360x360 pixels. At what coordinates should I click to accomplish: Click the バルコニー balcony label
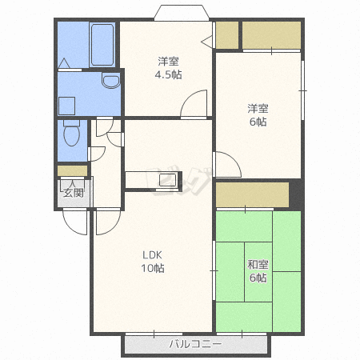(195, 344)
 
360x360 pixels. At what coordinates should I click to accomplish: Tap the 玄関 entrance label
(74, 193)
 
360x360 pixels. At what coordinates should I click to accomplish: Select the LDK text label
(152, 255)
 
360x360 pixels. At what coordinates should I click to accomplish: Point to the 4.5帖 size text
(168, 74)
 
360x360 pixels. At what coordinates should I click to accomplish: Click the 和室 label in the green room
(258, 265)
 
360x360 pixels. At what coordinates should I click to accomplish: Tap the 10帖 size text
(153, 268)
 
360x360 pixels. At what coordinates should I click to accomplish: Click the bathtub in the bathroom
(102, 45)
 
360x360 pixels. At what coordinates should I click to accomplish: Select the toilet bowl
(71, 133)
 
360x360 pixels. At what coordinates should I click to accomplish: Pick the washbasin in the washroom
(111, 81)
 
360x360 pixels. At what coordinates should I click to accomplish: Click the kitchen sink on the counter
(167, 180)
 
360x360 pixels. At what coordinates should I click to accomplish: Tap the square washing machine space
(66, 106)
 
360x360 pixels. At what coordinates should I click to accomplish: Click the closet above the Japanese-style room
(252, 194)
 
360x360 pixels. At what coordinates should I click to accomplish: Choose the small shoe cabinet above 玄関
(73, 171)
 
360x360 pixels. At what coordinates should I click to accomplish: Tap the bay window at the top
(182, 13)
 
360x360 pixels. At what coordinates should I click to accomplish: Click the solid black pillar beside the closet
(295, 194)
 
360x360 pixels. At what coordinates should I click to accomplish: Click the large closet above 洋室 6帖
(271, 35)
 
